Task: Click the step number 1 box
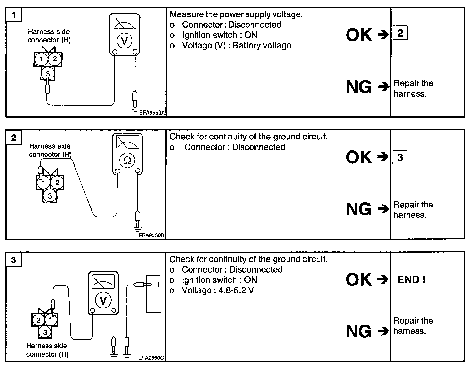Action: pos(14,15)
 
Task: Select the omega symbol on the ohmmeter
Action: pos(127,161)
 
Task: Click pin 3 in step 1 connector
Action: pos(48,73)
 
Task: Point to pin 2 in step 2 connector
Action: pos(57,182)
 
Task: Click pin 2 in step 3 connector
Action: pos(39,320)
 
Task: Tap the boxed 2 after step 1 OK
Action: pos(400,33)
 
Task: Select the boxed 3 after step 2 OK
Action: pos(400,157)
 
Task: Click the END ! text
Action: pos(411,279)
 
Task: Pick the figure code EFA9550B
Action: pos(152,235)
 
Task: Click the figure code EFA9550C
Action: pos(151,358)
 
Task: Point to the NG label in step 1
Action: pos(359,87)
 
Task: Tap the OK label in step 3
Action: pos(359,279)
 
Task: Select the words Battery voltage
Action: pos(262,46)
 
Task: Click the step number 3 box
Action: pos(14,260)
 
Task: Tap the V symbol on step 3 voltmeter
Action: pos(103,301)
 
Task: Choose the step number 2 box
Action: pos(14,138)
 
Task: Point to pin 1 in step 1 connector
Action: pos(41,59)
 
